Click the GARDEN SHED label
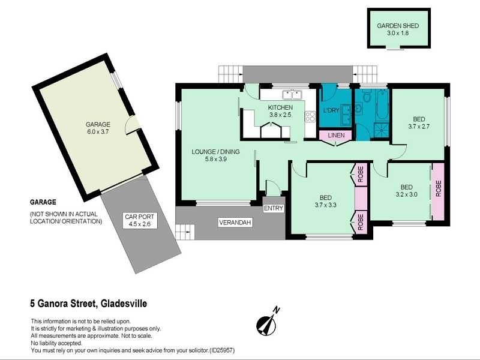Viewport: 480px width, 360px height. (x=398, y=26)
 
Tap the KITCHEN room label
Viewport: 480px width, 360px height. (x=280, y=107)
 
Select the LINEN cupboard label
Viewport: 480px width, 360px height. (x=336, y=136)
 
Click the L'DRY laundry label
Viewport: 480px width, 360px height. (x=331, y=110)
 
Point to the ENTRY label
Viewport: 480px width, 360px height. (x=274, y=208)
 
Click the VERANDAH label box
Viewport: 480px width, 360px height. (x=235, y=223)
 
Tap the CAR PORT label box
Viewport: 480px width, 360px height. (x=140, y=220)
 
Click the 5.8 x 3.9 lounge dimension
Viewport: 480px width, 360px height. (x=216, y=159)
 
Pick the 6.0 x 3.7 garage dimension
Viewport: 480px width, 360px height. (x=98, y=132)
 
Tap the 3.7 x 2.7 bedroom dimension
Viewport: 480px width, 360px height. (x=419, y=126)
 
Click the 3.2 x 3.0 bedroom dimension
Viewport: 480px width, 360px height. (x=407, y=194)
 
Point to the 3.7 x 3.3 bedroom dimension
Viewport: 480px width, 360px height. (x=325, y=205)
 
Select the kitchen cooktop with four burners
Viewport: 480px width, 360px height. (x=310, y=116)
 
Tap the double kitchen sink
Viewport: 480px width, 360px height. (x=292, y=95)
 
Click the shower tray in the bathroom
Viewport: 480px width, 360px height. (x=382, y=130)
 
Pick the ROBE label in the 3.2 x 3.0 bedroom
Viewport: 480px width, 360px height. (x=439, y=188)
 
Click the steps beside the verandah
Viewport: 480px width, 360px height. (x=185, y=232)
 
